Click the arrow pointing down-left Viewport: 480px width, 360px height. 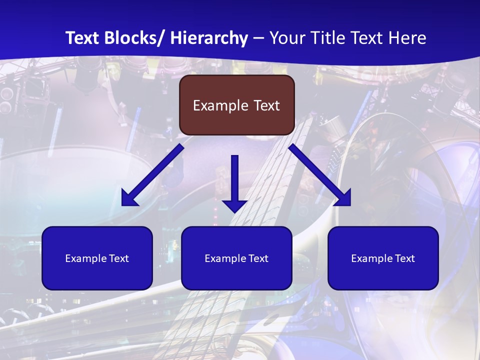(x=153, y=175)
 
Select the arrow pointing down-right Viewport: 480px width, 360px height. (x=320, y=175)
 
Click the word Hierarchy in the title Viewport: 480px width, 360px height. (x=209, y=38)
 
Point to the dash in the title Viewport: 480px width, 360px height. (x=258, y=38)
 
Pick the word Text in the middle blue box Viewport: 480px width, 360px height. (x=258, y=258)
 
